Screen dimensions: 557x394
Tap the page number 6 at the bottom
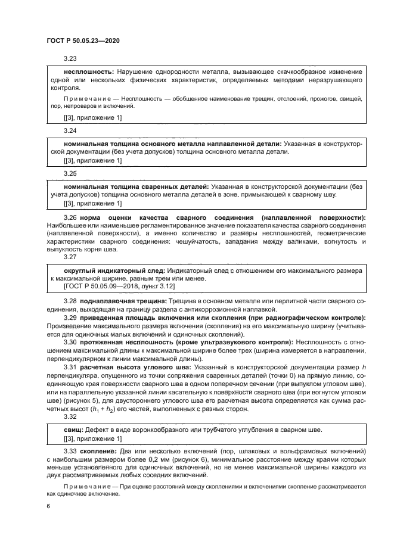click(x=48, y=505)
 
